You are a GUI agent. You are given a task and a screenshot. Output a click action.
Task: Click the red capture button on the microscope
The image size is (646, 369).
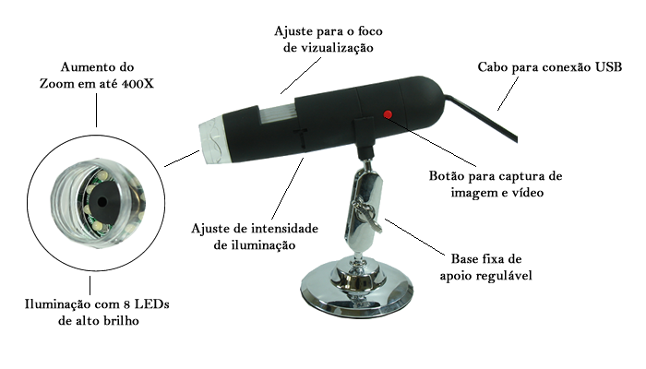click(x=388, y=114)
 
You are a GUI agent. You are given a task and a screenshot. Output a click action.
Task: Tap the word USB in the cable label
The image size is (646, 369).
click(x=608, y=67)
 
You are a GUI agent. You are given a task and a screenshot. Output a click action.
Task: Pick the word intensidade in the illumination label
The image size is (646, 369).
click(x=284, y=229)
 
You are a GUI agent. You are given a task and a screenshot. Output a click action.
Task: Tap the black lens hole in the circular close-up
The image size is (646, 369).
click(x=102, y=202)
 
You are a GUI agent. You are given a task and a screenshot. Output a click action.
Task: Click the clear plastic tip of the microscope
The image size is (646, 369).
click(x=211, y=140)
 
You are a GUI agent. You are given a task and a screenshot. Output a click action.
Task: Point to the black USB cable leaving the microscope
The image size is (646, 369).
click(x=481, y=119)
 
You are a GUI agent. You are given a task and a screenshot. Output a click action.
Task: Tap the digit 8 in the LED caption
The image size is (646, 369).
click(x=127, y=304)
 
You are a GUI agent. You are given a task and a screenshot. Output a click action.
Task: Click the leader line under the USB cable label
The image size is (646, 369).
click(x=508, y=93)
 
